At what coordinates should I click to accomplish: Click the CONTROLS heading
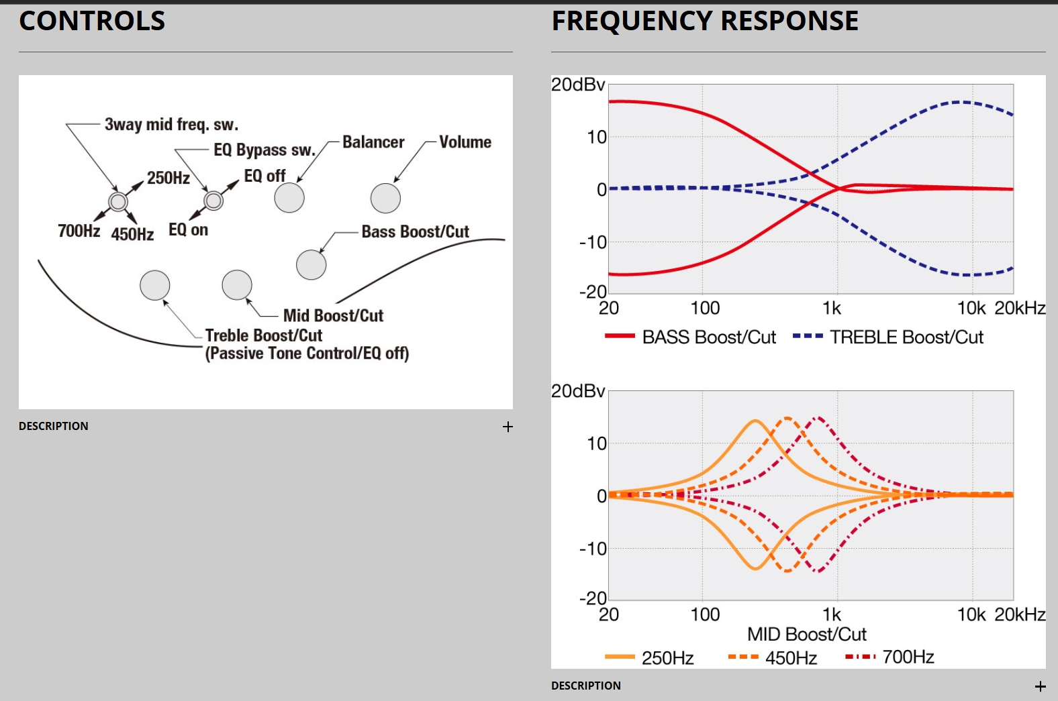(x=92, y=21)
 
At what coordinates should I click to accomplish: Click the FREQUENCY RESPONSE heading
(x=705, y=21)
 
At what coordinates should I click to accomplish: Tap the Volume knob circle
(x=385, y=198)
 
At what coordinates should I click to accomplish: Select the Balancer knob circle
(x=289, y=198)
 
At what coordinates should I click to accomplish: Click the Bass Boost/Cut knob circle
(x=311, y=265)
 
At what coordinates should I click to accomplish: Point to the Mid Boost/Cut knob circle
(x=237, y=285)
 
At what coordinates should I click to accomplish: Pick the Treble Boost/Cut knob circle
(x=155, y=285)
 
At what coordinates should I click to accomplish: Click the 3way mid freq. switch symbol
(x=118, y=201)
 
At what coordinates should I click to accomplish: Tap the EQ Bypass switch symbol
(x=213, y=200)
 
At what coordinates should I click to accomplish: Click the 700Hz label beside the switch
(x=79, y=231)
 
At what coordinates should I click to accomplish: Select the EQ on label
(x=188, y=230)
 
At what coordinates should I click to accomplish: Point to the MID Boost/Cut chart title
(x=806, y=634)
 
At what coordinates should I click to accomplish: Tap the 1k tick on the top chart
(x=832, y=308)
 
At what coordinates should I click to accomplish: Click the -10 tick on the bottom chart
(x=593, y=549)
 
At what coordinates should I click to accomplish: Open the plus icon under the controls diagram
(x=508, y=427)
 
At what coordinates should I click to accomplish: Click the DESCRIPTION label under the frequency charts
(x=585, y=686)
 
